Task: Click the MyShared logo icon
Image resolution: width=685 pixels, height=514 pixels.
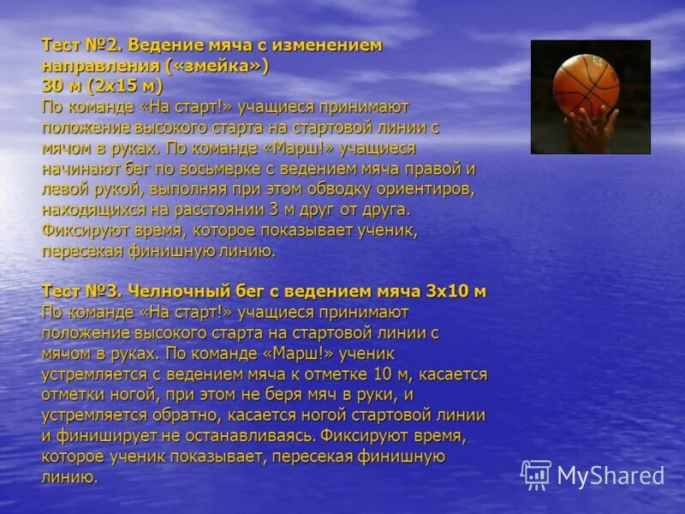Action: click(536, 474)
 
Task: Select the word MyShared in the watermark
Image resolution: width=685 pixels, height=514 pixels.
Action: click(611, 475)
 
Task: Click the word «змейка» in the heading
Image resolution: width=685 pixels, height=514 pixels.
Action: click(220, 67)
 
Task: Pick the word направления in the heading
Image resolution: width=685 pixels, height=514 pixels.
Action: click(94, 67)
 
